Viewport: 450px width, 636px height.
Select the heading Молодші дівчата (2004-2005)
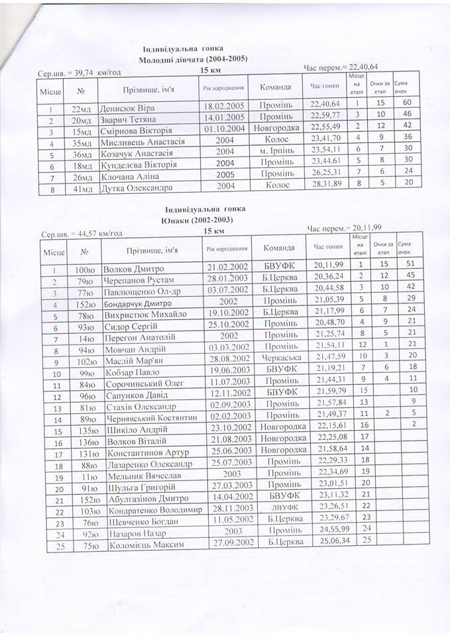tap(193, 60)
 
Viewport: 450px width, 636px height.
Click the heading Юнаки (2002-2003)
tap(197, 219)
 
